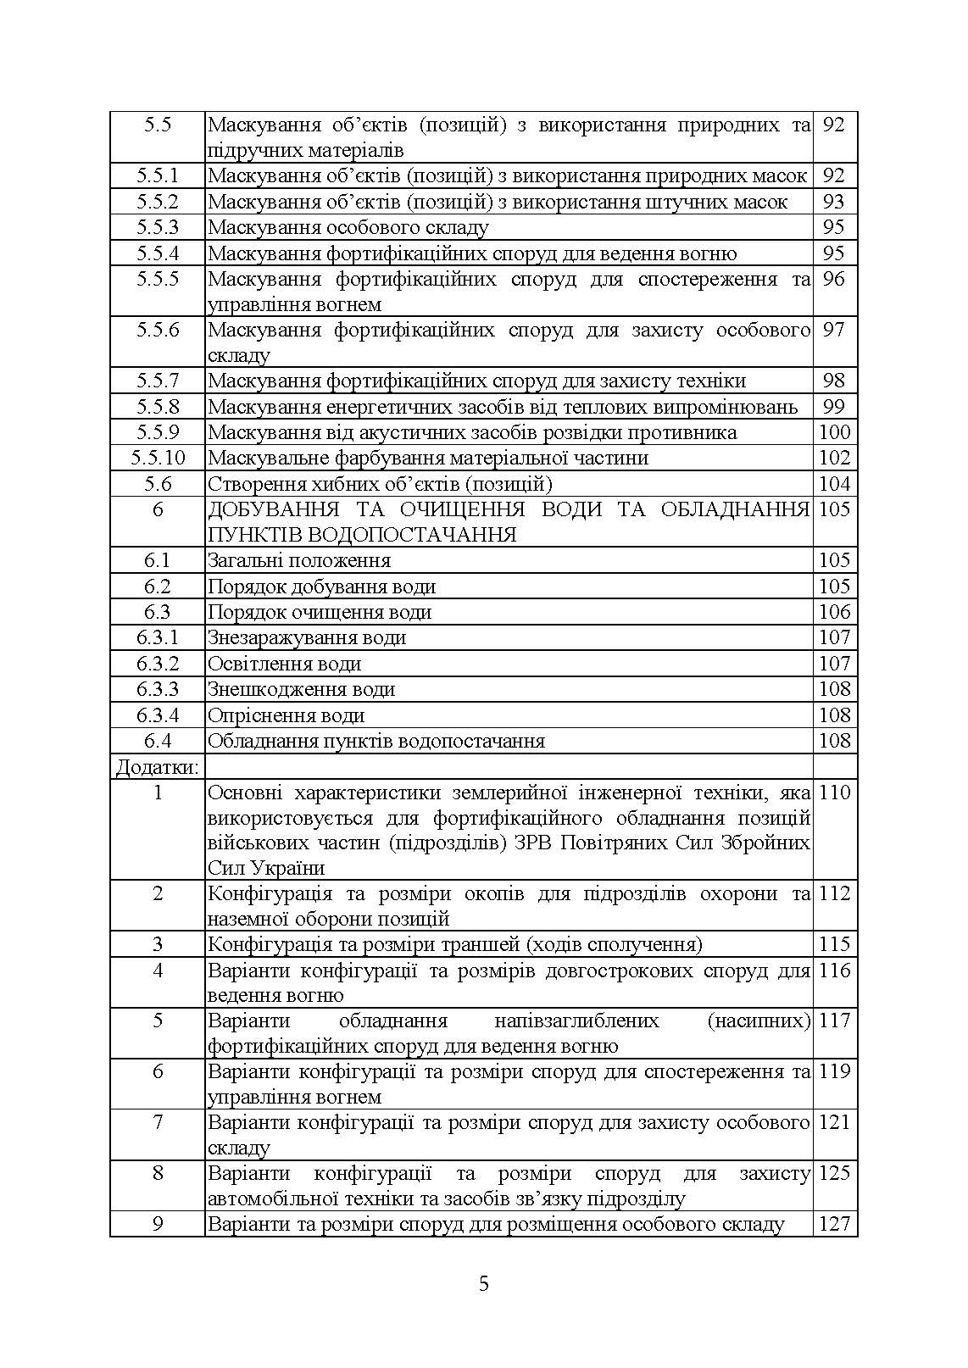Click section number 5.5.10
(158, 458)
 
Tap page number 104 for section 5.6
(834, 484)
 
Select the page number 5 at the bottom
(484, 1283)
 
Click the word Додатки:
(158, 767)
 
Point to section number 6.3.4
(158, 715)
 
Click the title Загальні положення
(298, 560)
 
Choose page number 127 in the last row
(834, 1224)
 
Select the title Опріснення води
(286, 715)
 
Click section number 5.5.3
(158, 227)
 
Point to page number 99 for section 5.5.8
(834, 406)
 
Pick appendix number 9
(158, 1224)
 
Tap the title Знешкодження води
(301, 689)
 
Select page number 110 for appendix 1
(834, 792)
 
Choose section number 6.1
(158, 560)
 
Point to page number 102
(834, 458)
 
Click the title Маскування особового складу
(348, 227)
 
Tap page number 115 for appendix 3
(834, 944)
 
